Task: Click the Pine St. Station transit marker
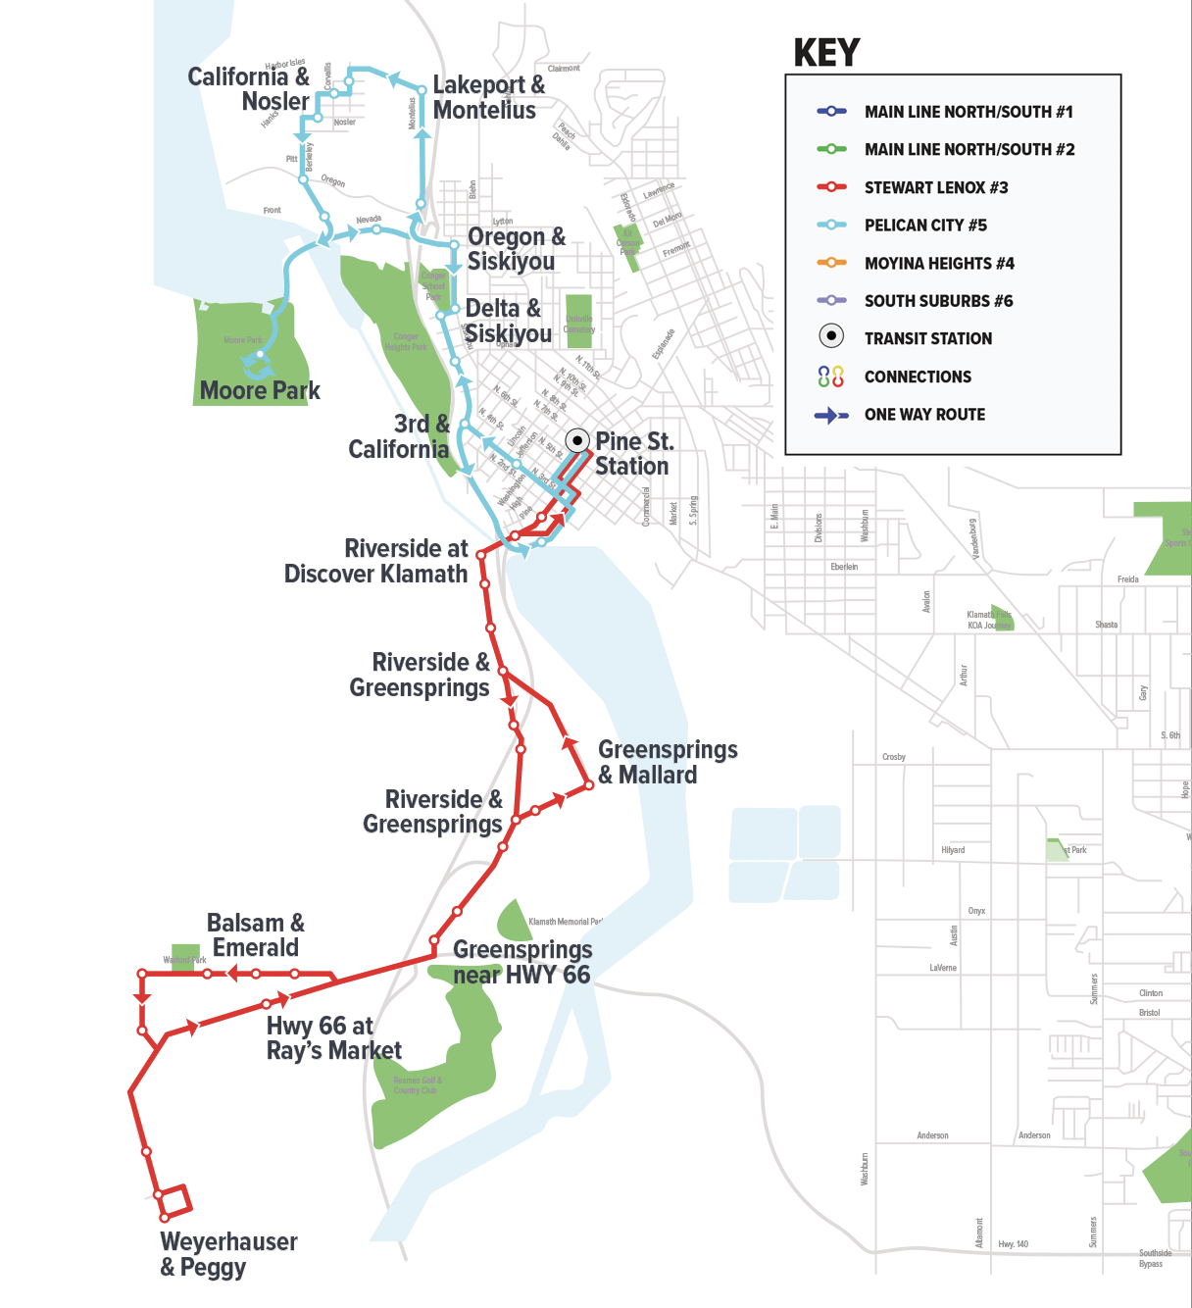tap(577, 440)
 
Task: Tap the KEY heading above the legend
tap(826, 53)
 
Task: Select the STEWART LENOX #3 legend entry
tap(935, 187)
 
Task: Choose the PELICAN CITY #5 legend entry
tap(924, 226)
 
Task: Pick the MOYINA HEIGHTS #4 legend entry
tap(938, 263)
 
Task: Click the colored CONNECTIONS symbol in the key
tap(830, 377)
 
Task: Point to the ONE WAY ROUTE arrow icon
tap(830, 415)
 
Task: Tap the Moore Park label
tap(260, 390)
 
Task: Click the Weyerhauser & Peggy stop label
tap(227, 1254)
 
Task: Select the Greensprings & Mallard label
tap(667, 762)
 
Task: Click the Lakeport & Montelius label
tap(487, 97)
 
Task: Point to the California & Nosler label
tap(249, 88)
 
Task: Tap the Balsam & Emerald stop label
tap(255, 935)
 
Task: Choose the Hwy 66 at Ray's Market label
tap(332, 1038)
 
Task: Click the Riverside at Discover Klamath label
tap(376, 561)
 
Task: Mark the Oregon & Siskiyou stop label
tap(516, 249)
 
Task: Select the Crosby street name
tap(893, 757)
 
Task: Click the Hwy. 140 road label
tap(1013, 1244)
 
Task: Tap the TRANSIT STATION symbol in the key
tap(830, 336)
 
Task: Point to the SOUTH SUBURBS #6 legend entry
tap(938, 301)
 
